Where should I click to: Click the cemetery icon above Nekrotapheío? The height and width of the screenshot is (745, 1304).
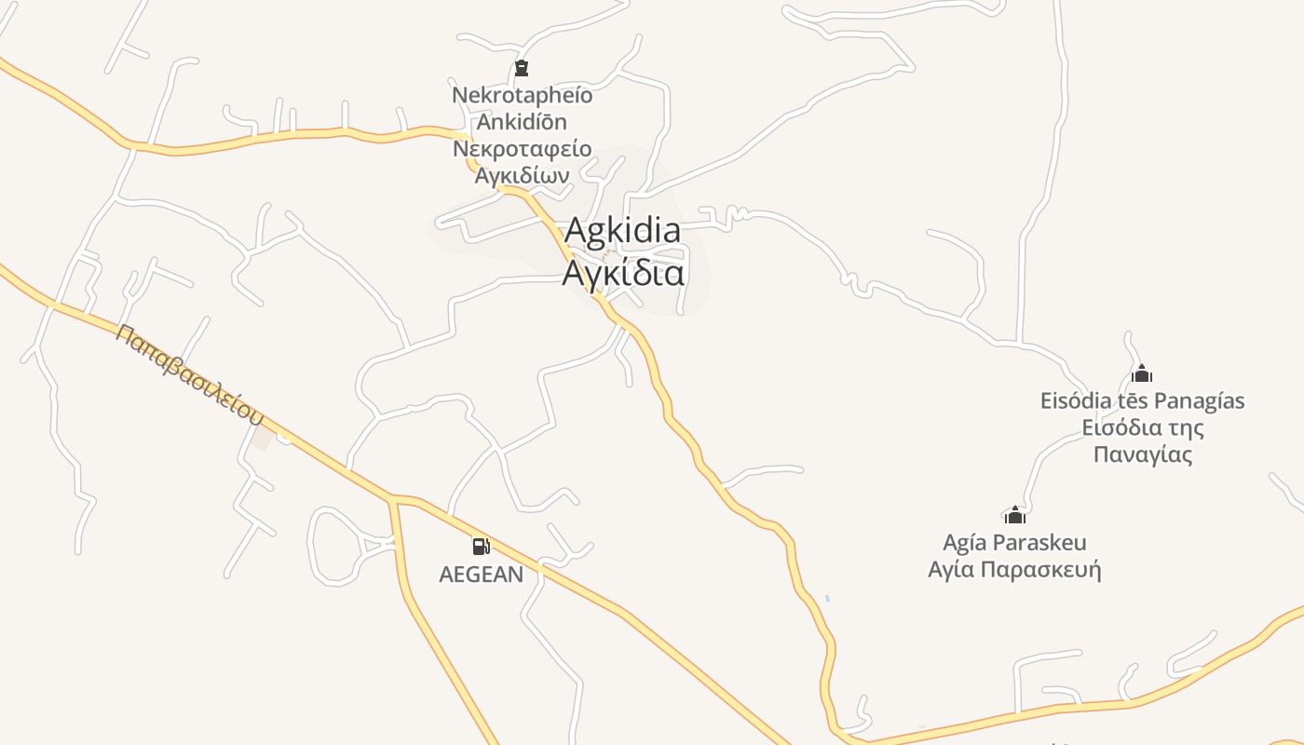click(x=522, y=68)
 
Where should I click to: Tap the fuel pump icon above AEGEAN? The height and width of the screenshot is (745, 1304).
click(x=481, y=547)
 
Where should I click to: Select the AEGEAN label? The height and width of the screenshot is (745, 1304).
click(x=481, y=575)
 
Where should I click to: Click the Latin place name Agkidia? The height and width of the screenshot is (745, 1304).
click(x=622, y=230)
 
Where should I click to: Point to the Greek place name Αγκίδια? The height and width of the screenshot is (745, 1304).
click(x=623, y=273)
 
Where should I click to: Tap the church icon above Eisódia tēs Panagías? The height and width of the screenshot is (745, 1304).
click(x=1142, y=374)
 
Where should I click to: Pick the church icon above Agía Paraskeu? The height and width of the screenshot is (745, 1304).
click(x=1014, y=515)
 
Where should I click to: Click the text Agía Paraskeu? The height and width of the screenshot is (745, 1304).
click(x=1014, y=542)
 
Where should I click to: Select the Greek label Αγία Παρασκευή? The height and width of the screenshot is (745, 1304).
click(x=1014, y=569)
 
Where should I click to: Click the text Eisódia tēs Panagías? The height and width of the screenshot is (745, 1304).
click(x=1142, y=401)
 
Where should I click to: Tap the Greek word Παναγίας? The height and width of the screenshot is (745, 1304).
click(x=1142, y=455)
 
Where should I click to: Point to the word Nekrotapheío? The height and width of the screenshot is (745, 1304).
click(x=522, y=95)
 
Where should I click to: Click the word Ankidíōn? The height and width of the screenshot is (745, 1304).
click(x=522, y=121)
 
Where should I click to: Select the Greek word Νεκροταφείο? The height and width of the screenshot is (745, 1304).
click(x=522, y=148)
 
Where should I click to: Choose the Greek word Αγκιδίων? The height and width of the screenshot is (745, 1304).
click(x=522, y=175)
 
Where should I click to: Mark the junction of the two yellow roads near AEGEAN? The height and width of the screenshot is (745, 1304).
click(x=394, y=500)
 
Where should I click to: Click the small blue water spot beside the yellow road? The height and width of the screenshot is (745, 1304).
click(x=826, y=598)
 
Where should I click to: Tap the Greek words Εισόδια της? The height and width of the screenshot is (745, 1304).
click(x=1142, y=428)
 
